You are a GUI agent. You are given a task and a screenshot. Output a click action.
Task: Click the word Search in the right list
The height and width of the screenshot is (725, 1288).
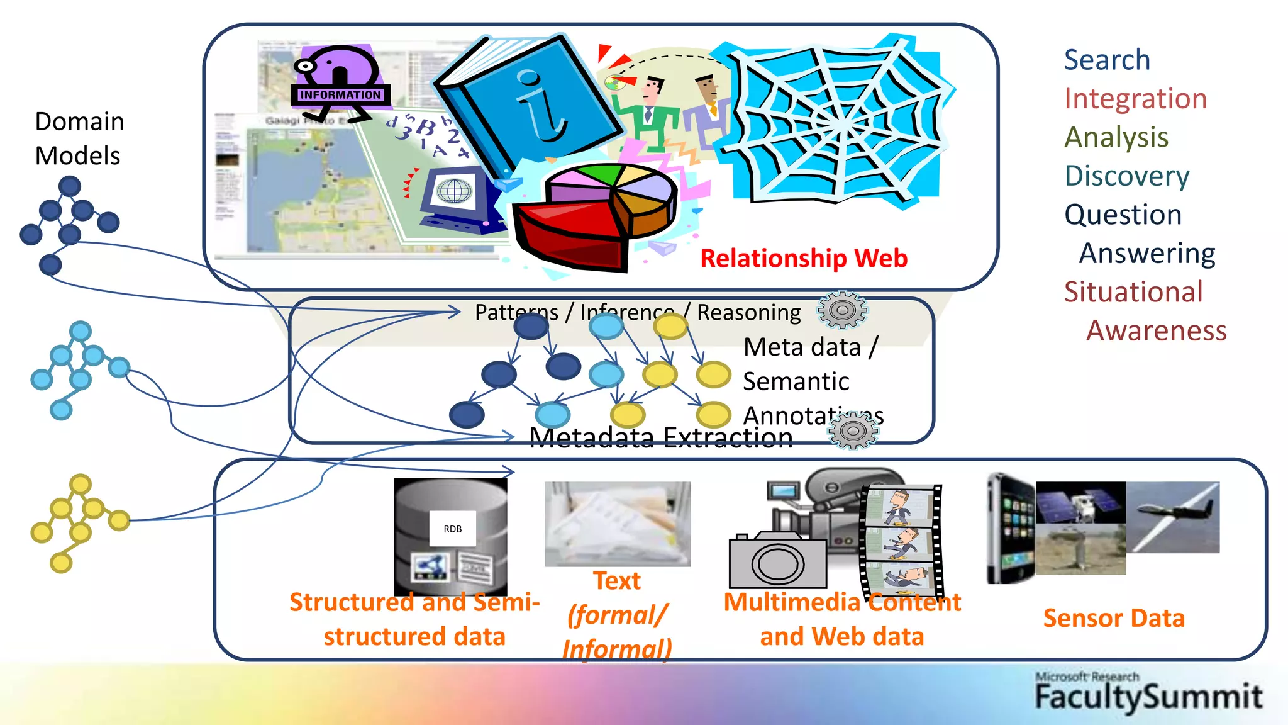coord(1107,60)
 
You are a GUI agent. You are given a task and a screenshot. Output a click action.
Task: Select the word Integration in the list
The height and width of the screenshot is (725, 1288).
coord(1135,99)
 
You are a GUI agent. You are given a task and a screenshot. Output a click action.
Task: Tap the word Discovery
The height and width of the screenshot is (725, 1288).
coord(1127,176)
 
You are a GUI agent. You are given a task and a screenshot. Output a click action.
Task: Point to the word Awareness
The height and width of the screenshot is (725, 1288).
coord(1156,331)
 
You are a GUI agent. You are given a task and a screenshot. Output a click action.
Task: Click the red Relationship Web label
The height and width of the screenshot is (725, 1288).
coord(804,259)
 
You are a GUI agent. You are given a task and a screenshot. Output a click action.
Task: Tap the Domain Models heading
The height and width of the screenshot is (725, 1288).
coord(79,138)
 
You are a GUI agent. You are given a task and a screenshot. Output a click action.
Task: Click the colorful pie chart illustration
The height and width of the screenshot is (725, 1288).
coord(594,214)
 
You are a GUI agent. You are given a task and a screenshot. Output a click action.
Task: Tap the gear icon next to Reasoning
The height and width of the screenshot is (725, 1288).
coord(842,310)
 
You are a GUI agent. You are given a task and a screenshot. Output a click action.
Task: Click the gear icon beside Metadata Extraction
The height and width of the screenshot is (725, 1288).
coord(853,431)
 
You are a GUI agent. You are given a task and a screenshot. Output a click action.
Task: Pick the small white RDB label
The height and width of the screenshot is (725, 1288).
coord(452,529)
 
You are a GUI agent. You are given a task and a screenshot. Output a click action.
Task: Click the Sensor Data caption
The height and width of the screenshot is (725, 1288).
coord(1114,618)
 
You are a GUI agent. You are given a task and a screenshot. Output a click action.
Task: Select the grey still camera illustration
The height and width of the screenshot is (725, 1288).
coord(777,560)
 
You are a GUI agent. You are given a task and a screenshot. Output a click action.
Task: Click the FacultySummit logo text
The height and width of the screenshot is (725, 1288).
coord(1148,697)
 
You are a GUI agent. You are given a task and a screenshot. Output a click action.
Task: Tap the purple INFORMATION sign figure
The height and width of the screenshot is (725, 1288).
coord(340,82)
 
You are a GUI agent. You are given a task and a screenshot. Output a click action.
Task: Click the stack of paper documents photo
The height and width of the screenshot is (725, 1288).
coord(617,524)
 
